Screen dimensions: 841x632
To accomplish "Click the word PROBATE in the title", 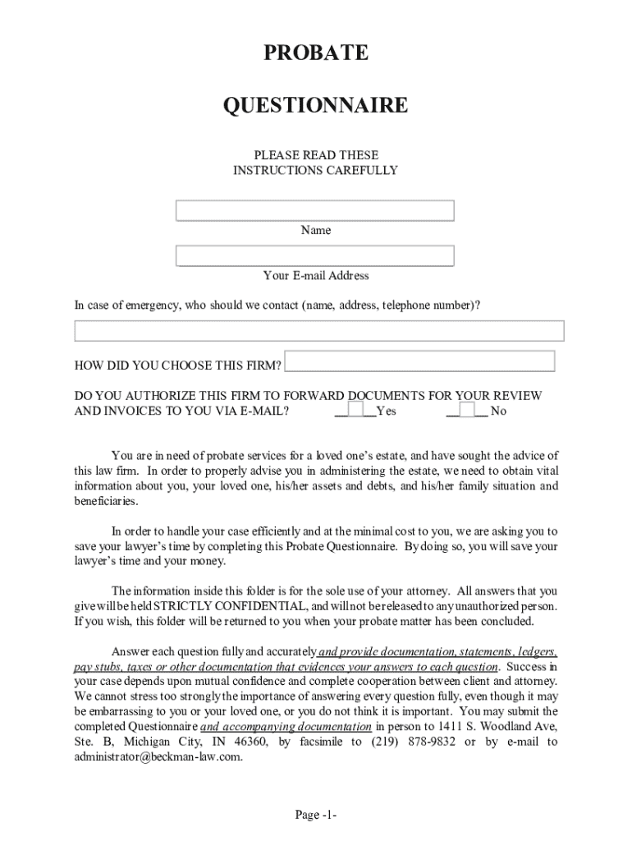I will click(x=315, y=54).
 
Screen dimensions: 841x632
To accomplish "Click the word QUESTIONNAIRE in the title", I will click(x=315, y=106).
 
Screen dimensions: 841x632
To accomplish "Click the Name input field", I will click(x=315, y=211).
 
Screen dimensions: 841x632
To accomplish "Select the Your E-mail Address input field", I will click(x=315, y=256).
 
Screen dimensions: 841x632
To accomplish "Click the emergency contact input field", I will click(x=319, y=331).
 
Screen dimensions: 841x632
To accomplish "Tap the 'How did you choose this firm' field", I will click(x=419, y=361).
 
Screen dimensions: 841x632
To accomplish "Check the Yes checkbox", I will click(x=355, y=409).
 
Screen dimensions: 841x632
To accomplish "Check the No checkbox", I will click(x=466, y=409).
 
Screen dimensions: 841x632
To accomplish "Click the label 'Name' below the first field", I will click(x=315, y=231).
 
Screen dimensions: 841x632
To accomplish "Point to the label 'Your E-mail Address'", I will click(x=315, y=276).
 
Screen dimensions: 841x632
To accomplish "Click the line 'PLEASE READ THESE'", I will click(x=315, y=155).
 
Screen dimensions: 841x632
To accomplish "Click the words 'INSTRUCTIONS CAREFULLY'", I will click(x=315, y=171).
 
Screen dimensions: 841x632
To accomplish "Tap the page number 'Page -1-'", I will click(x=316, y=815).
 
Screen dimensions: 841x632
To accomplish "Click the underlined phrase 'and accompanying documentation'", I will click(x=286, y=727).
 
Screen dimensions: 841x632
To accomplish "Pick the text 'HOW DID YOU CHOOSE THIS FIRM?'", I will click(x=178, y=365).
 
